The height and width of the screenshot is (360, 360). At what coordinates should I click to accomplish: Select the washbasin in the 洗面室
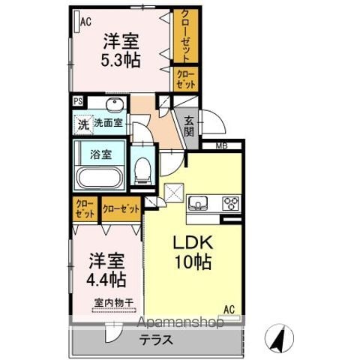pyautogui.click(x=115, y=104)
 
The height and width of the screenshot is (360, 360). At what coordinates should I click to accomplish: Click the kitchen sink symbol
pyautogui.click(x=198, y=202)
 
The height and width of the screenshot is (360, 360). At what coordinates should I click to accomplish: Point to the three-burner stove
pyautogui.click(x=230, y=203)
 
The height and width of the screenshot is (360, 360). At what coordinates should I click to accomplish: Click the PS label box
pyautogui.click(x=78, y=101)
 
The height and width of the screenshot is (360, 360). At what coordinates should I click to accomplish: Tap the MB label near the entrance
pyautogui.click(x=221, y=146)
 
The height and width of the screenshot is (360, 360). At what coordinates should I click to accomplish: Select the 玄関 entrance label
pyautogui.click(x=189, y=127)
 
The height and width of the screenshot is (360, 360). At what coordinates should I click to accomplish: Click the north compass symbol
pyautogui.click(x=279, y=337)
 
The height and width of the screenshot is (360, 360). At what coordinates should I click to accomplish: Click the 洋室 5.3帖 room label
pyautogui.click(x=121, y=51)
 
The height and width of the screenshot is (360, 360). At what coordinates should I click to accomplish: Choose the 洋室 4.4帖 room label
pyautogui.click(x=106, y=270)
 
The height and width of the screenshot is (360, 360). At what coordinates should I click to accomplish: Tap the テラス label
pyautogui.click(x=156, y=340)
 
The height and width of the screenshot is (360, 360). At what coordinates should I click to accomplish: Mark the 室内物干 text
pyautogui.click(x=114, y=303)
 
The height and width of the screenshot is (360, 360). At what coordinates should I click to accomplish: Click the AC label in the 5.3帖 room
pyautogui.click(x=85, y=22)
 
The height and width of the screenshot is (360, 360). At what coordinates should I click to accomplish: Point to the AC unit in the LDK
pyautogui.click(x=229, y=319)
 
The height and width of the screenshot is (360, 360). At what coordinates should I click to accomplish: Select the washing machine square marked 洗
pyautogui.click(x=83, y=124)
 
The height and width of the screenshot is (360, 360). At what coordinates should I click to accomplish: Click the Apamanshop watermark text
pyautogui.click(x=181, y=322)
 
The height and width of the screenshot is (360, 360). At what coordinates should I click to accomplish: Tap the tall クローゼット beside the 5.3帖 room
pyautogui.click(x=186, y=36)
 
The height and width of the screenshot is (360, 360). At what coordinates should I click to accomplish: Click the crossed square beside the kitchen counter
pyautogui.click(x=174, y=193)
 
